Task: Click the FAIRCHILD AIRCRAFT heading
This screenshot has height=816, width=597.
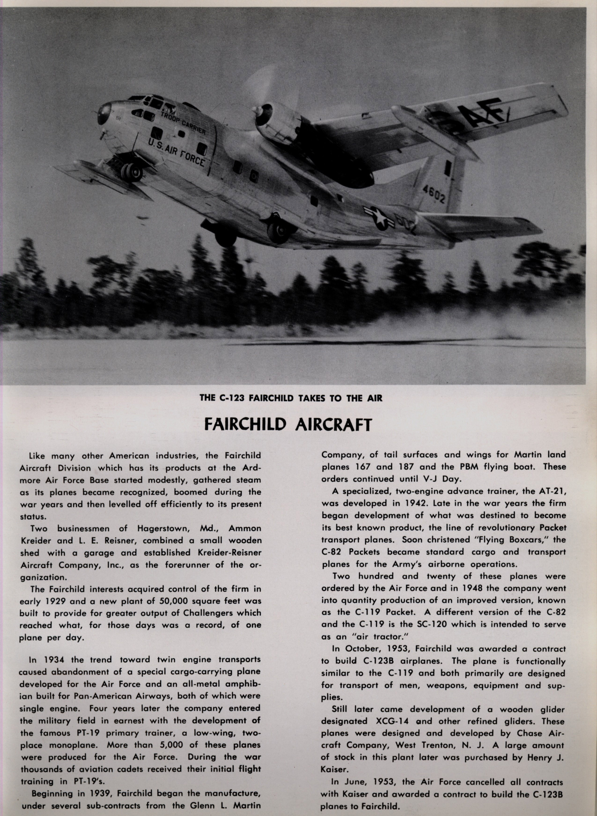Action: [x=288, y=424]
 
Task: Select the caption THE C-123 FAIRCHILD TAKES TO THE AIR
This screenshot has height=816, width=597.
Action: [x=291, y=398]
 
